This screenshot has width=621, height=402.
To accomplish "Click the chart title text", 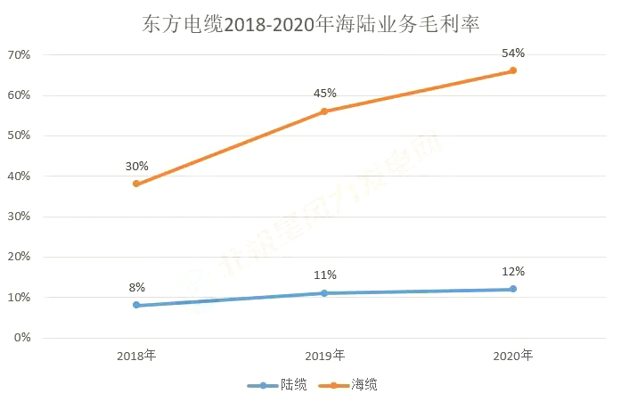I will tap(310, 23).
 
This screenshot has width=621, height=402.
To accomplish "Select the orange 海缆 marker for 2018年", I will tap(136, 184).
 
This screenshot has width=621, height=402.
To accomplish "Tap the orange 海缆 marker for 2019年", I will tap(324, 111).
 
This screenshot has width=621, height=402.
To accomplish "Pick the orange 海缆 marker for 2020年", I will tap(513, 70).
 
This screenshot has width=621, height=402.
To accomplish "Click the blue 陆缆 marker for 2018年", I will tap(136, 305).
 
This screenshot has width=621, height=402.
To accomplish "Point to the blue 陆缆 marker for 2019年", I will tap(324, 293).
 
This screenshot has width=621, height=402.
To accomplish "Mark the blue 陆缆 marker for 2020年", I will tap(513, 289).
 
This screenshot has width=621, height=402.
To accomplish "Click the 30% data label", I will tap(136, 166).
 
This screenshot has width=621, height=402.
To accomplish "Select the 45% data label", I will tap(324, 94).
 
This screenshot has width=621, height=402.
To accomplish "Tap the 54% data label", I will tap(513, 53).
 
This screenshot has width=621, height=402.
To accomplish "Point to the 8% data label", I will tap(136, 287).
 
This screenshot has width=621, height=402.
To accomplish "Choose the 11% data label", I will tap(324, 275).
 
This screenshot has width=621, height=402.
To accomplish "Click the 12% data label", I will tap(513, 271).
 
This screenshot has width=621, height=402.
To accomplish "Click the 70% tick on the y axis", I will tap(19, 55).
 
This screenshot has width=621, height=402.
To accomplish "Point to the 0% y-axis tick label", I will tap(21, 338).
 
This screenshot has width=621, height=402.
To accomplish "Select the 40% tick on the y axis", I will tap(19, 176).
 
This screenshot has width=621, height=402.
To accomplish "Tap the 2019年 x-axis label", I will tap(324, 356).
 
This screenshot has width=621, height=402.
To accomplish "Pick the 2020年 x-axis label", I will tap(513, 356).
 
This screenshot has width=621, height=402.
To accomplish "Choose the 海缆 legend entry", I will tap(352, 385).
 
